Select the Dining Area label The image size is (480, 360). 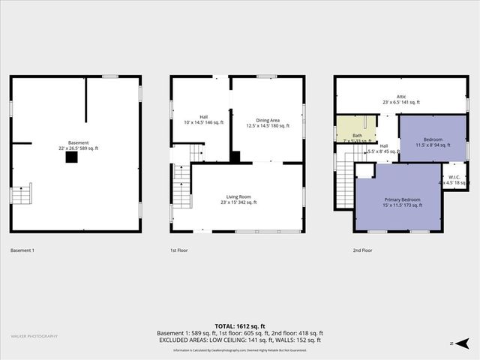point(268,123)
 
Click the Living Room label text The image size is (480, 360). point(238,199)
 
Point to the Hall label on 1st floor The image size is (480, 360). point(199,119)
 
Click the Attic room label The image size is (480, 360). point(402,99)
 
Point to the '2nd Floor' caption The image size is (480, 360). point(364,250)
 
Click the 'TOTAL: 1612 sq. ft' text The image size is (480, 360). point(240,325)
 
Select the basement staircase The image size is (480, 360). point(21,193)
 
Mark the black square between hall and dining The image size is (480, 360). point(235,157)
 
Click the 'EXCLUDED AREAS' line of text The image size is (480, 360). point(240,340)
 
